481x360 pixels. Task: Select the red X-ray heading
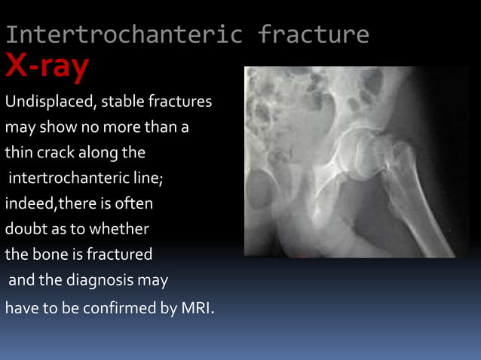click(x=47, y=67)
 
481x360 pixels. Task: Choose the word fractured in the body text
click(x=121, y=255)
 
